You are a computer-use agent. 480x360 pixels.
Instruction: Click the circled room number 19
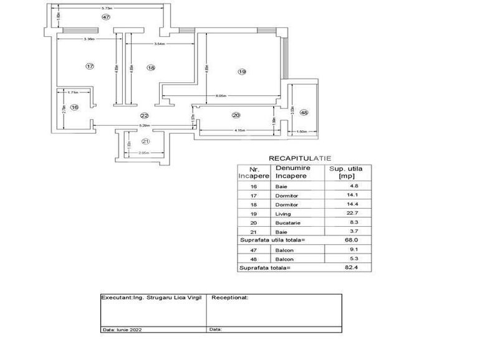coord(242,72)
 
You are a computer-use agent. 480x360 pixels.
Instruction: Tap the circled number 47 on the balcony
coord(107,17)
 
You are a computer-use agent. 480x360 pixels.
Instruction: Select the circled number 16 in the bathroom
coord(75,108)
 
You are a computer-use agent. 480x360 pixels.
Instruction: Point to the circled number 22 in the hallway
coord(144,116)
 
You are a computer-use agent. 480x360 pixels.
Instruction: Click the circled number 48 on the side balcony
coord(304,112)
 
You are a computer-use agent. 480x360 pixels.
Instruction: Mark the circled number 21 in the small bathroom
coord(145,141)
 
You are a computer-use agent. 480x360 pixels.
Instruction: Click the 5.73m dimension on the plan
coord(107,7)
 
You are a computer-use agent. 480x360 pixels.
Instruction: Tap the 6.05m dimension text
coord(221,97)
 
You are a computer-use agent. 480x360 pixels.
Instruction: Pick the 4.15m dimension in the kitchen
coord(240,130)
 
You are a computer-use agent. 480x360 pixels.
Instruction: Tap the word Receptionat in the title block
coord(230,298)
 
